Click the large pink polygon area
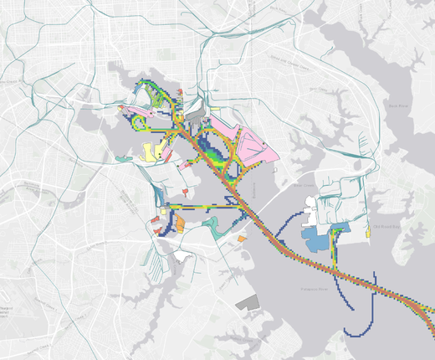coord(248,147)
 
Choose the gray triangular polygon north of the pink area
coord(197,109)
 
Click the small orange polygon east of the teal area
coord(242,238)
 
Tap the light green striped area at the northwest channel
coord(159,99)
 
